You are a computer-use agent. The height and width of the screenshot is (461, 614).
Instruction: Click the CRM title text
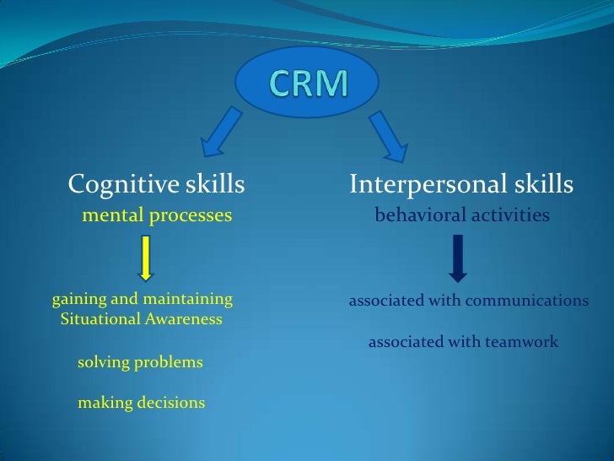pyautogui.click(x=308, y=82)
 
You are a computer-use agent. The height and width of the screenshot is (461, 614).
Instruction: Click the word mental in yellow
pyautogui.click(x=109, y=216)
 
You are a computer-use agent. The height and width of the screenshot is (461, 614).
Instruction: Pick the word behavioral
pyautogui.click(x=415, y=216)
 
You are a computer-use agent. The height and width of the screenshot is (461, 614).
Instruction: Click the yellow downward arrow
pyautogui.click(x=145, y=258)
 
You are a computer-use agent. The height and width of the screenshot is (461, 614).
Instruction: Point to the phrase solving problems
pyautogui.click(x=140, y=362)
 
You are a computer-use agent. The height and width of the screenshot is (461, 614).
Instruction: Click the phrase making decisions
pyautogui.click(x=141, y=403)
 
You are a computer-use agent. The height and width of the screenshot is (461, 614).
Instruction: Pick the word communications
pyautogui.click(x=533, y=301)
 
